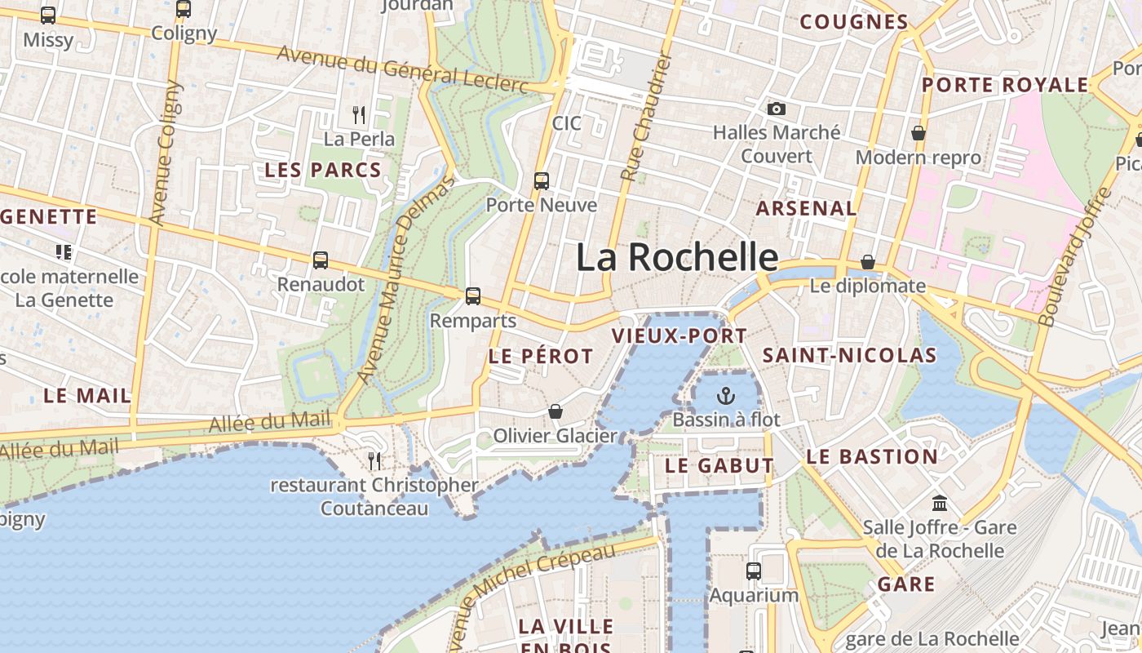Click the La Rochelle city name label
(677, 257)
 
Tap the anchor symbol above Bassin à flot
(725, 397)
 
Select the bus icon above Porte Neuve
(542, 180)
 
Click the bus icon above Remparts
(473, 296)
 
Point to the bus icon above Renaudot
(321, 260)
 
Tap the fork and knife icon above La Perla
(359, 114)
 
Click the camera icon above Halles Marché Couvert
(777, 109)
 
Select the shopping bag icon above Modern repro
(918, 133)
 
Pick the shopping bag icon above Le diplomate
(868, 262)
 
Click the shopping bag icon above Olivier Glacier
(556, 411)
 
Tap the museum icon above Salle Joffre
(940, 503)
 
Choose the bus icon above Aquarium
(754, 571)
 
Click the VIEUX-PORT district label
(679, 335)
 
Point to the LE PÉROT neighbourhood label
(541, 356)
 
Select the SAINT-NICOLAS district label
(849, 355)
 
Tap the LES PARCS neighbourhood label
(323, 171)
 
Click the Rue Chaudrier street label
(644, 118)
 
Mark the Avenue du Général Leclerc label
(403, 69)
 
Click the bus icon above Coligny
(184, 9)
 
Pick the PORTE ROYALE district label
(1005, 85)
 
